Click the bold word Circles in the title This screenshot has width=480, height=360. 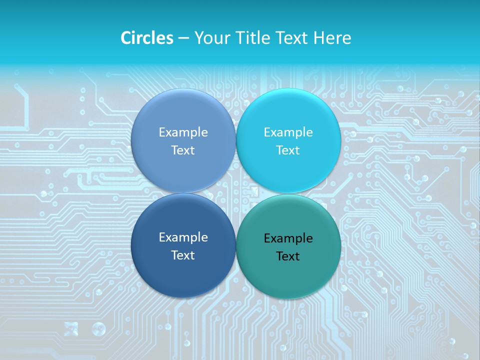(146, 38)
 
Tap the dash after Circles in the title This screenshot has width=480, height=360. (183, 38)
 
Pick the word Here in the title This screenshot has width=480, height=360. (332, 38)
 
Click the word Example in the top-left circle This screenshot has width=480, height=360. (183, 132)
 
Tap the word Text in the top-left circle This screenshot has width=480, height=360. (183, 150)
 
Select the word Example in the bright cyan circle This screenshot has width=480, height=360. (288, 132)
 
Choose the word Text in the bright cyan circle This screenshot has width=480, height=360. (288, 150)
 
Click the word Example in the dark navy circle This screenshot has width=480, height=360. (183, 237)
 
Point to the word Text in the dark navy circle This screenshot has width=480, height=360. (183, 255)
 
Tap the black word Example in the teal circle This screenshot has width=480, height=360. (288, 238)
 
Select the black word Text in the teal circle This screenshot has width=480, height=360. (288, 256)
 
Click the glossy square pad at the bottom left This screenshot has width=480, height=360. (71, 328)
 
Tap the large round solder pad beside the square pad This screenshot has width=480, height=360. (98, 328)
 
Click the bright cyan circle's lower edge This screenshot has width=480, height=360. (288, 192)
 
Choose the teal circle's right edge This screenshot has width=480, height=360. (340, 246)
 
